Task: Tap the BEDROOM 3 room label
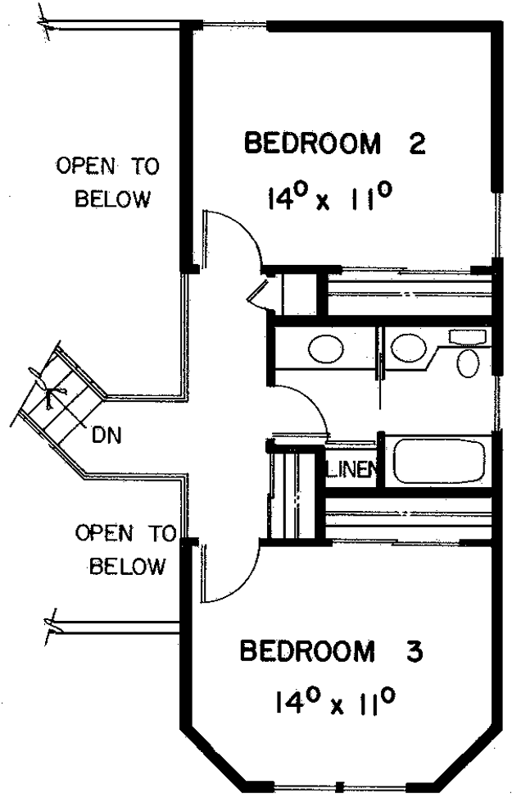pos(331,651)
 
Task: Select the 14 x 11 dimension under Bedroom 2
pos(329,197)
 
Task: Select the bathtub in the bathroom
pos(438,461)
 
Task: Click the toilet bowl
pos(468,363)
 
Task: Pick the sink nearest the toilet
pos(408,348)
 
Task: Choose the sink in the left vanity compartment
pos(326,349)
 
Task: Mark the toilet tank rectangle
pos(467,336)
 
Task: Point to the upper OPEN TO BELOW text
pos(108,182)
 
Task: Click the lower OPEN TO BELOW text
pos(125,549)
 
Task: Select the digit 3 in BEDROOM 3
pos(414,651)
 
